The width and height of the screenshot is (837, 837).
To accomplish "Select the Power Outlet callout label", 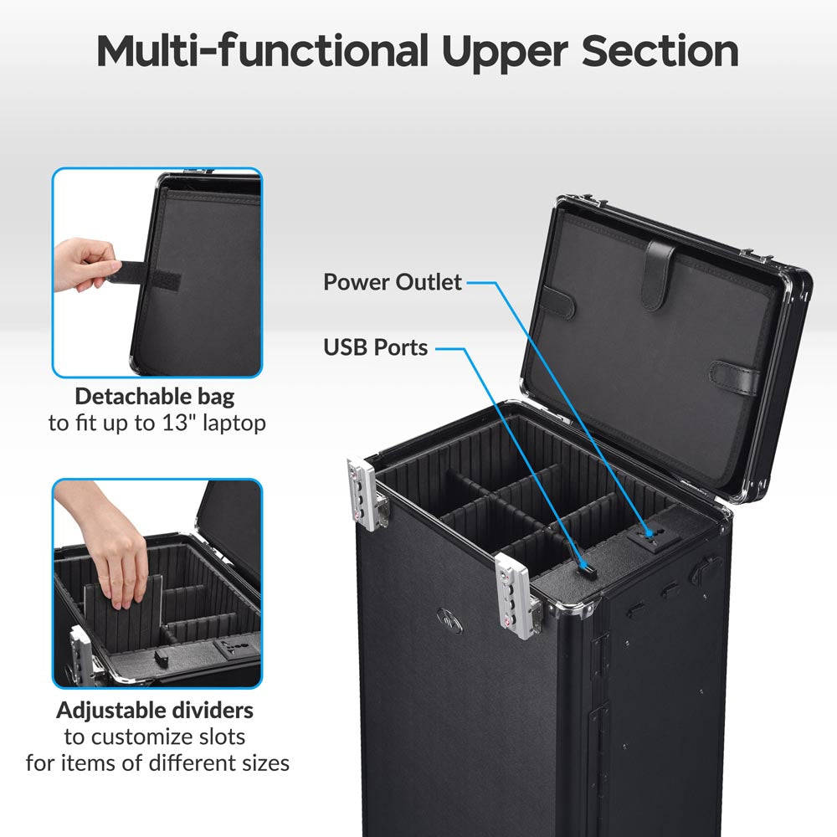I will [x=393, y=282].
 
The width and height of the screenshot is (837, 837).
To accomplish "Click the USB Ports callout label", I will [x=376, y=347].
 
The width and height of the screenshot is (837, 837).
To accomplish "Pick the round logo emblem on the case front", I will [x=448, y=620].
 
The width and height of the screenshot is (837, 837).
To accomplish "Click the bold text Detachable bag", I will [x=155, y=397].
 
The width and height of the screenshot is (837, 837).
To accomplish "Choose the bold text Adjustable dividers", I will [x=155, y=711].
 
